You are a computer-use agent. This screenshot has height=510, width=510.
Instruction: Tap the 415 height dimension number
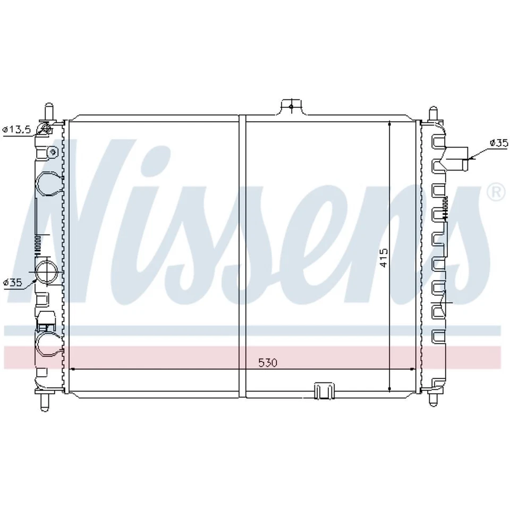pos(384,257)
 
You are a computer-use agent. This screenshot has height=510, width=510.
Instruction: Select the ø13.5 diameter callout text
pos(17,129)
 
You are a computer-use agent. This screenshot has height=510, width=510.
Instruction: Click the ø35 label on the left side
pos(13,283)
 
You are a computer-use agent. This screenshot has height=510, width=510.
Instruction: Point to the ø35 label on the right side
pos(499,142)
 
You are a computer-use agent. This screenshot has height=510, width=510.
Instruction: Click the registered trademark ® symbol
pos(496,192)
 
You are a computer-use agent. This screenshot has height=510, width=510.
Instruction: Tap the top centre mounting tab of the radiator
pos(291,106)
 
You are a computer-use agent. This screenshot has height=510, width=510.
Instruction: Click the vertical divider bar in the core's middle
pos(243,255)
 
